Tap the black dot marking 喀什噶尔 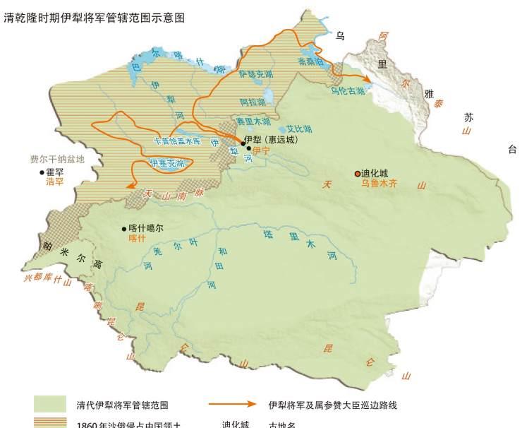(124, 228)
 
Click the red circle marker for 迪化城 (358, 173)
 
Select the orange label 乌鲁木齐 (380, 184)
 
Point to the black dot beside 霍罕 (41, 172)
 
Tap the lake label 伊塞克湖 (167, 163)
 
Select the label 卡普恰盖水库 (178, 141)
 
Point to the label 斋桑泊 (311, 62)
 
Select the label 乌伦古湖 (348, 90)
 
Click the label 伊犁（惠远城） (271, 140)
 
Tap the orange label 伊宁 (261, 150)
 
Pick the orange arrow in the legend (232, 405)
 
